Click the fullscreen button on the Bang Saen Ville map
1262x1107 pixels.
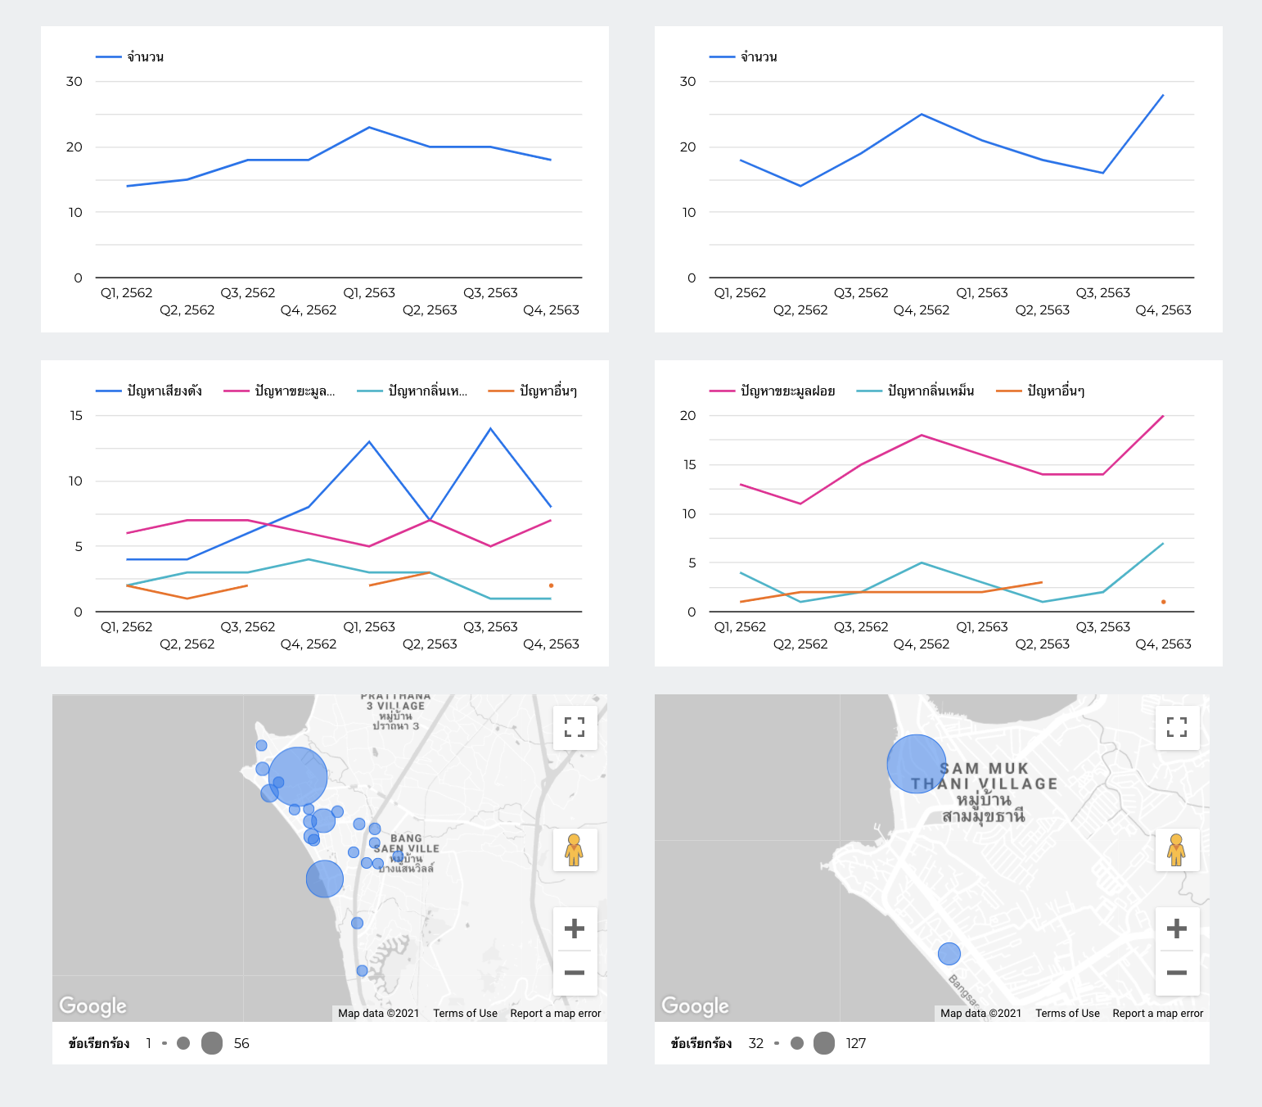575,727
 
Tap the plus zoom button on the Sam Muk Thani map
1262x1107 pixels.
1176,929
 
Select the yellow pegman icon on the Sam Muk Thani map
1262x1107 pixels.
1176,850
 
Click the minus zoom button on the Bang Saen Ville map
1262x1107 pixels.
575,973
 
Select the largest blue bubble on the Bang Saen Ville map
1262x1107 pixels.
298,776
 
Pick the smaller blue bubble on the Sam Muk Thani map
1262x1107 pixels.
949,954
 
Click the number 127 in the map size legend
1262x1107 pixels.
855,1043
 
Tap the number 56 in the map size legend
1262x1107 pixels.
241,1043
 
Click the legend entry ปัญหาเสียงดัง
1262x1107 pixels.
164,391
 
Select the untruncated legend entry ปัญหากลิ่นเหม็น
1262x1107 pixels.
931,391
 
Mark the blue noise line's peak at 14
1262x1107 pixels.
490,428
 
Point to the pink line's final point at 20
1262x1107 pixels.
1163,416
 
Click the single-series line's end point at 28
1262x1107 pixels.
1163,95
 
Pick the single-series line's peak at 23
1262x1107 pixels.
369,127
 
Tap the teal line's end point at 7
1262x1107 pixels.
1163,544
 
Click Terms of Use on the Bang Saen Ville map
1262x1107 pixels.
465,1013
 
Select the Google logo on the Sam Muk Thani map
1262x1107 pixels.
695,1005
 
